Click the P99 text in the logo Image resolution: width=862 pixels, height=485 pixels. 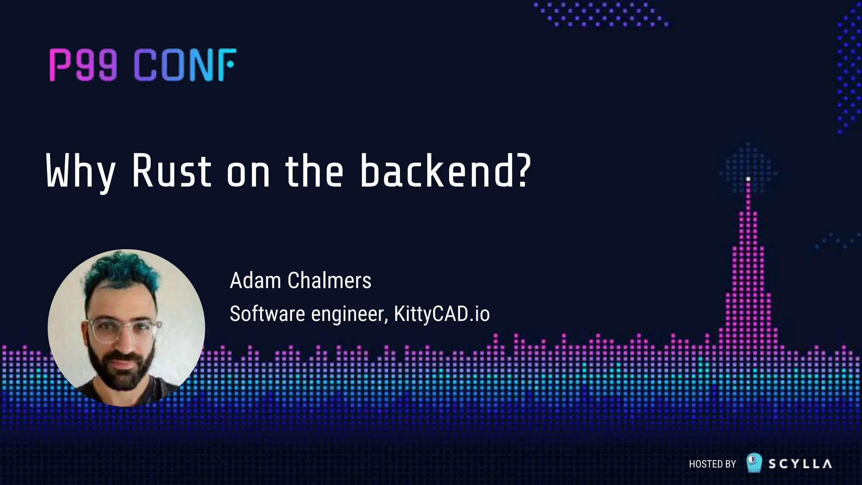83,65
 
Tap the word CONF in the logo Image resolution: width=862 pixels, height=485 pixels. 184,65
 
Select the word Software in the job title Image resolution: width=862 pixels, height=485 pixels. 267,314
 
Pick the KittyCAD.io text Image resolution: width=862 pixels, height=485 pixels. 442,314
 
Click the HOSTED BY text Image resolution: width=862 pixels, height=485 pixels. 712,464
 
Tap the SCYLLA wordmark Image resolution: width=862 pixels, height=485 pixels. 800,464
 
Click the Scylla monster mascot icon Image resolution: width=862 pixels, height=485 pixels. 754,462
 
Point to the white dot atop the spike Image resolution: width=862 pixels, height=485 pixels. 748,179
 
